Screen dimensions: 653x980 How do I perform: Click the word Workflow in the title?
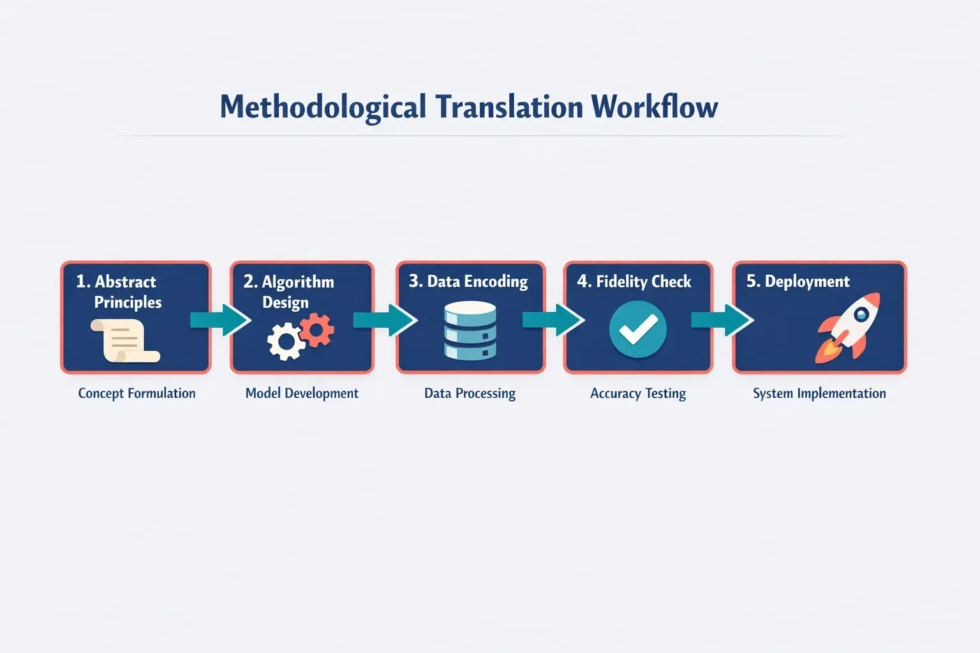coord(654,107)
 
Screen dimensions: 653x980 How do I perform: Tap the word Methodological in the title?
coord(323,107)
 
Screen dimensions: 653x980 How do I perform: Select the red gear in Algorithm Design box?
coord(317,331)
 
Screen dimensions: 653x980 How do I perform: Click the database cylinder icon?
coord(470,332)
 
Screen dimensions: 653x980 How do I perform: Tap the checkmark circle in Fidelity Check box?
coord(637,330)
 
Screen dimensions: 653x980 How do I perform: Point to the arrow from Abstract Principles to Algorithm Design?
coord(220,319)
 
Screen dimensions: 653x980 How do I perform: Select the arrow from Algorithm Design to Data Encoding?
coord(385,319)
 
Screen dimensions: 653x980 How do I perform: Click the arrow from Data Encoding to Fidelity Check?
coord(553,319)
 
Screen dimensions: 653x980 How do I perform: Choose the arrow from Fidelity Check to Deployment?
coord(722,319)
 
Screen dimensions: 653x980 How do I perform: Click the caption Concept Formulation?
coord(137,393)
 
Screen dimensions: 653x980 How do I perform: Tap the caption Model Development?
coord(302,393)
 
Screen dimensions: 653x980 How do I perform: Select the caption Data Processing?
coord(470,393)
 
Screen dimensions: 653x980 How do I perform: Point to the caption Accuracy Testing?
coord(638,393)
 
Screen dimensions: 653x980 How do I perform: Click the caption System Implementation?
coord(819,393)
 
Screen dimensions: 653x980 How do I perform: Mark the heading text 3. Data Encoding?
coord(468,282)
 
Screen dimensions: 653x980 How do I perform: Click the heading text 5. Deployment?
coord(798,282)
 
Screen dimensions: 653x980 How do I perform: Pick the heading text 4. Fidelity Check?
coord(634,282)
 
